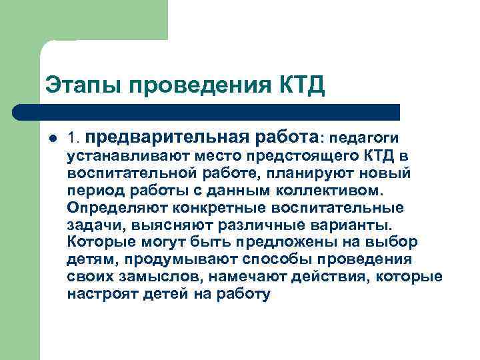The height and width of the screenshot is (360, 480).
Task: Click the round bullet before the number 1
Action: tap(53, 139)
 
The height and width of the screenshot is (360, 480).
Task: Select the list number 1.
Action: tap(73, 139)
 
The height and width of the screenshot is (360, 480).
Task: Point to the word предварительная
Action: tap(169, 137)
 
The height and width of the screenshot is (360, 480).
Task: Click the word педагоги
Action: tap(363, 139)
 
